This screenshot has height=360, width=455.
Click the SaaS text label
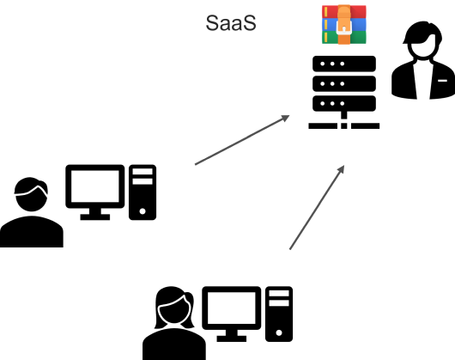coord(231,22)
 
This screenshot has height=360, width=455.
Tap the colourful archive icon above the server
coord(343,24)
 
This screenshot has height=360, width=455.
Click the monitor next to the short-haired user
coord(95,186)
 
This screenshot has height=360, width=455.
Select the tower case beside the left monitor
coord(143,192)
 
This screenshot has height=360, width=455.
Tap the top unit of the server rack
coord(343,64)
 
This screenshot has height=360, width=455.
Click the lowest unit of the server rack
coord(343,101)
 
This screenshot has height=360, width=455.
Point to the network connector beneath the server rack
coord(343,122)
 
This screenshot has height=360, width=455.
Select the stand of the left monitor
coord(95,215)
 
